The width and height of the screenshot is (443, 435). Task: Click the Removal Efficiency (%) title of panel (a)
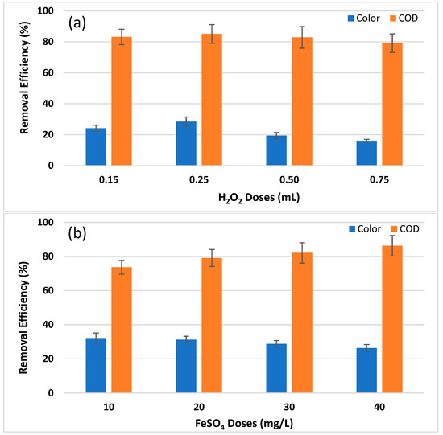[x=14, y=88]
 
